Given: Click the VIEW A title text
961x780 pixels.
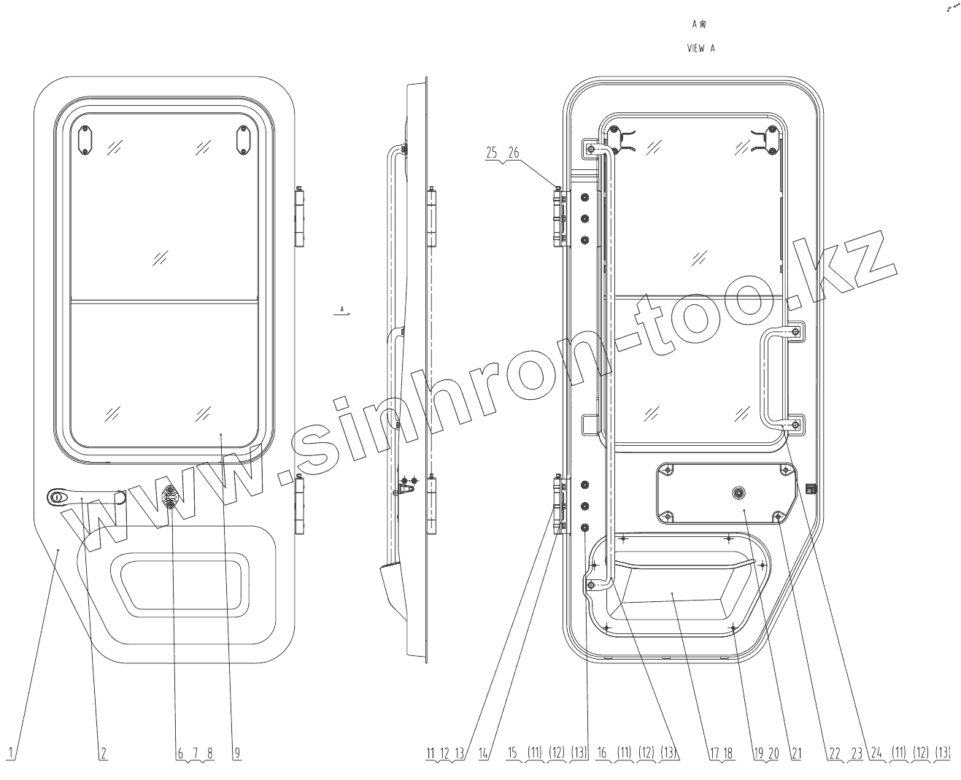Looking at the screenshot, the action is coord(701,48).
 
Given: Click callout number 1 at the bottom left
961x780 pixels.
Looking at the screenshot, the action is coord(12,753).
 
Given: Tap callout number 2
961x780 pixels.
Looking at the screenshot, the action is coord(104,753).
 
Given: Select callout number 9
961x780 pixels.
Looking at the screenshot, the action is coord(237,753).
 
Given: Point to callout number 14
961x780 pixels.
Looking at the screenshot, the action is coord(483,753).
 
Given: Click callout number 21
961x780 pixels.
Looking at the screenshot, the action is coord(796,753).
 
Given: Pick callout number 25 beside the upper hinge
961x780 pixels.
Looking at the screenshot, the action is coord(491,153).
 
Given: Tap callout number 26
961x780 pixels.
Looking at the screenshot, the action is coord(514,153).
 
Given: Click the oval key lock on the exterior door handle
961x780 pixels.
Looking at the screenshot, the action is coord(57,497).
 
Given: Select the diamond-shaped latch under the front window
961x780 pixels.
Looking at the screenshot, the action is coord(170,496).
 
